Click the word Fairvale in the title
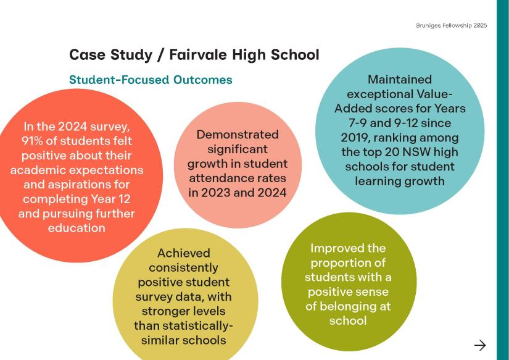click(198, 54)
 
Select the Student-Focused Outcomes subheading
click(151, 80)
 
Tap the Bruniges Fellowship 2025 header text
click(451, 25)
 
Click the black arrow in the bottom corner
click(480, 345)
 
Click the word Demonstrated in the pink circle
click(238, 135)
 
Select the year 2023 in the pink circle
click(216, 193)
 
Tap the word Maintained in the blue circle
click(400, 80)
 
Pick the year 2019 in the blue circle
click(355, 138)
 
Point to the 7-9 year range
click(357, 123)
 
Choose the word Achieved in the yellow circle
click(184, 253)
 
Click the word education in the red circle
click(77, 228)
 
